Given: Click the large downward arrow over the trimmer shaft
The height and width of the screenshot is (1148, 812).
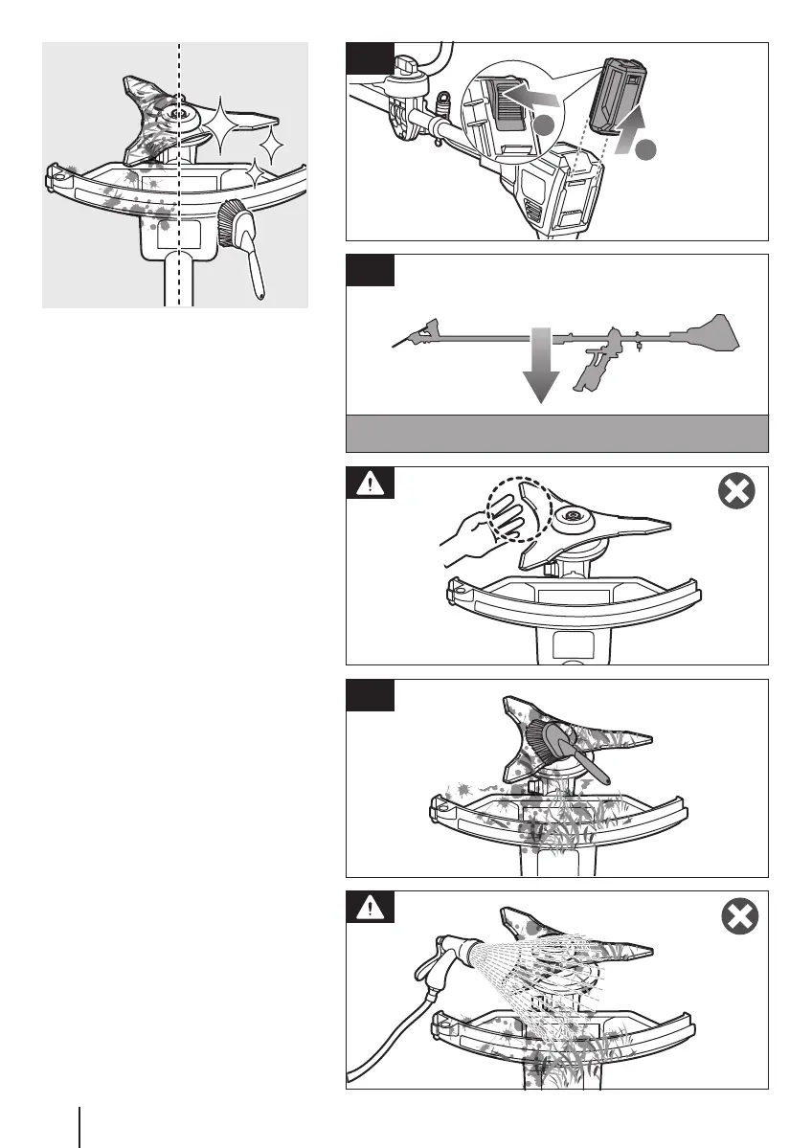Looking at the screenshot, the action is pos(540,367).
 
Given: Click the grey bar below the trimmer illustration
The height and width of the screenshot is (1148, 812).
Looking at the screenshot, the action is pos(556,433).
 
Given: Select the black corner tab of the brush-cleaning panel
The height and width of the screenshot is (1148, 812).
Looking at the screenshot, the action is pos(370,694).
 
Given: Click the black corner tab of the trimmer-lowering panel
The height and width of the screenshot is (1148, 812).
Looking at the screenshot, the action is pos(370,269).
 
